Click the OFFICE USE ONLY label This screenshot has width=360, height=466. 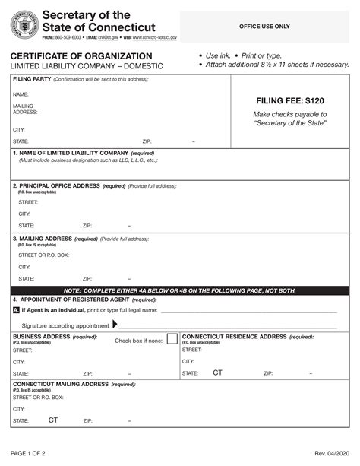point(264,27)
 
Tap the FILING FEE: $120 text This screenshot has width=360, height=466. point(289,100)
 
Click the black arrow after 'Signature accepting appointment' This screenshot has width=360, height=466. point(115,324)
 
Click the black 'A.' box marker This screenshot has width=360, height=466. point(17,310)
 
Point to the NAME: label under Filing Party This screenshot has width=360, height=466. point(21,94)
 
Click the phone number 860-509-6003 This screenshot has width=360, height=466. point(71,37)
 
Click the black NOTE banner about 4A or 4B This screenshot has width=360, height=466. point(179,290)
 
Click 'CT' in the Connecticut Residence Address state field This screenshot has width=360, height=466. point(217,373)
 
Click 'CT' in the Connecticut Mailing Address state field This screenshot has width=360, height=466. point(53,420)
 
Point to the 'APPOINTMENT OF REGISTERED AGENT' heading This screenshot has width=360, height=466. point(74,300)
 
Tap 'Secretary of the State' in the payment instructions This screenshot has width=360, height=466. point(289,123)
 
